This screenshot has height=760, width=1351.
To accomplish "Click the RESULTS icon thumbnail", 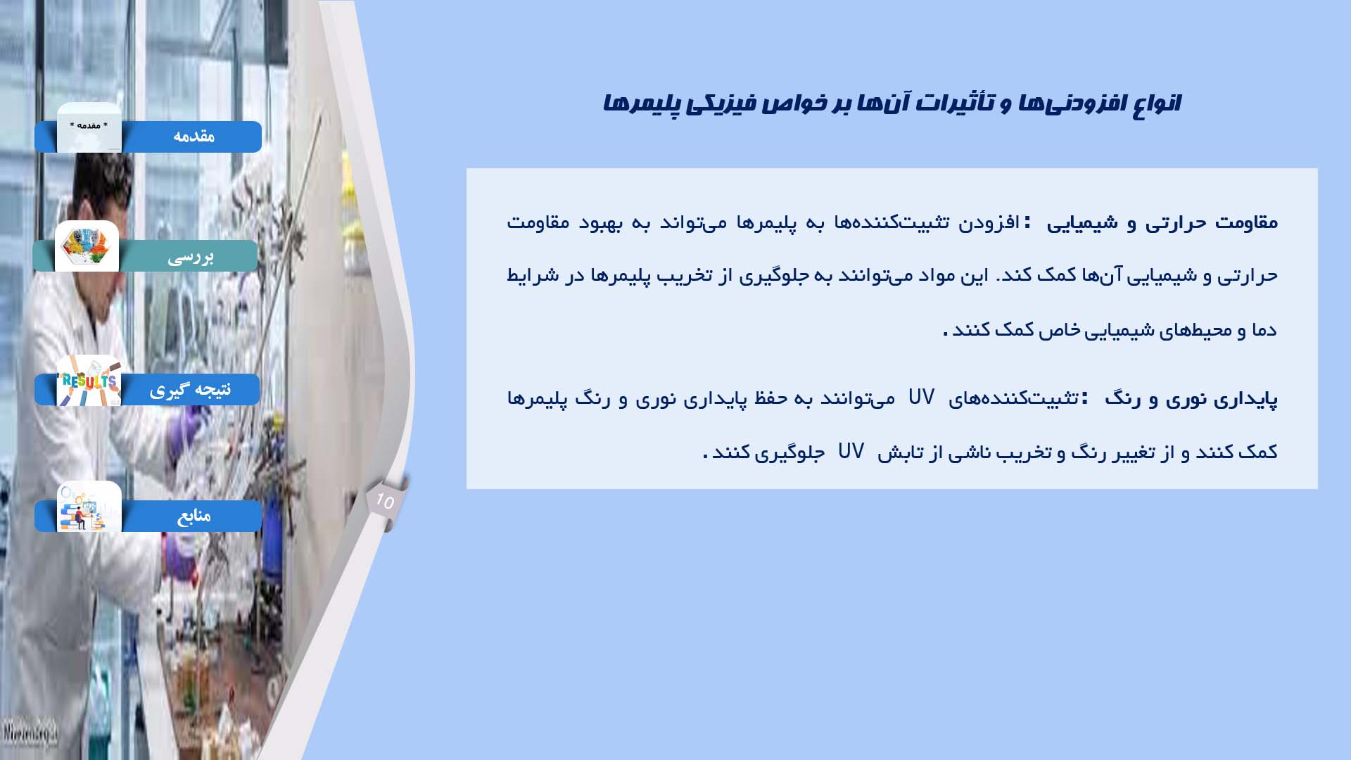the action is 89,381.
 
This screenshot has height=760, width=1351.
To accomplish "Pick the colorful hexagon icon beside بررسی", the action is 87,246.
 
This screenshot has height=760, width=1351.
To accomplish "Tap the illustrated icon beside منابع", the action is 89,507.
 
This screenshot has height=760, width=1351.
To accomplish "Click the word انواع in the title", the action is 1156,103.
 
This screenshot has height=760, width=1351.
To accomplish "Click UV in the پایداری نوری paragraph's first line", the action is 921,398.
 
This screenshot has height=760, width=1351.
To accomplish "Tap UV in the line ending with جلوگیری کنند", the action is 851,451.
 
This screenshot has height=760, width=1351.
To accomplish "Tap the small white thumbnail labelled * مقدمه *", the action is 89,127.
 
